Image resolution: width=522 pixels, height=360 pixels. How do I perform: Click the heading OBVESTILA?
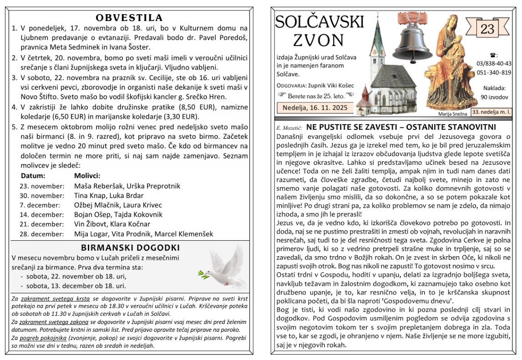tap(129, 18)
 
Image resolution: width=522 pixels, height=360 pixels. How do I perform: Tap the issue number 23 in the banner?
tap(487, 29)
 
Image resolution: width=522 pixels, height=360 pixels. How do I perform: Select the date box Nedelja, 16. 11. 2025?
tap(315, 107)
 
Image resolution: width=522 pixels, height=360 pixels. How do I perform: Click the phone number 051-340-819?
tap(494, 72)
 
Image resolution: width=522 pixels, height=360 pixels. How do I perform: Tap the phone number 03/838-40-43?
tap(494, 63)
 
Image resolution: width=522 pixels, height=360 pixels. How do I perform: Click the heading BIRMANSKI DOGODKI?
tap(130, 248)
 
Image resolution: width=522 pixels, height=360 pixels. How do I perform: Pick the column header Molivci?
tap(87, 176)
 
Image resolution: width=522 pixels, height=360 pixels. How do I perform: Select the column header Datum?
tap(33, 176)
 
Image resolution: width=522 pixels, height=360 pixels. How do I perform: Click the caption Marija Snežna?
tap(453, 114)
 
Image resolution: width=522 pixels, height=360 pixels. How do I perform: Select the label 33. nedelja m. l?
tap(491, 111)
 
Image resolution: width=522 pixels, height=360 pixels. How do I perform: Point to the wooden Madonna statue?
tap(448, 61)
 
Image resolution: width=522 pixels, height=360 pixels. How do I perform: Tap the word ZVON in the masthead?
tap(319, 41)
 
